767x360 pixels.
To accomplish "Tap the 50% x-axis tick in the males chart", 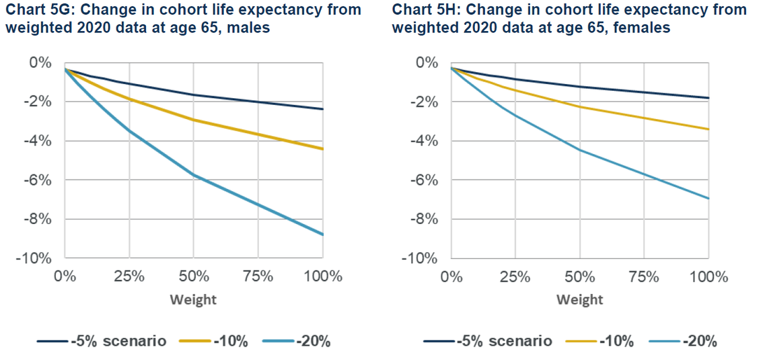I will pyautogui.click(x=194, y=277).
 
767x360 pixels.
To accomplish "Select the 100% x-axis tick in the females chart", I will pyautogui.click(x=708, y=277).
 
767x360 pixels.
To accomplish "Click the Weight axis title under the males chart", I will pyautogui.click(x=193, y=299).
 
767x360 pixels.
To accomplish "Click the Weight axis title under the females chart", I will pyautogui.click(x=579, y=299).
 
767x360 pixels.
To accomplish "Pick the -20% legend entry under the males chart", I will pyautogui.click(x=312, y=341).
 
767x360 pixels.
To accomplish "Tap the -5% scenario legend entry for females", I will pyautogui.click(x=504, y=341).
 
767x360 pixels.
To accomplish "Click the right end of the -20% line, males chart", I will pyautogui.click(x=322, y=234).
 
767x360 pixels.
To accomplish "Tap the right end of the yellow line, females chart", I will pyautogui.click(x=708, y=129).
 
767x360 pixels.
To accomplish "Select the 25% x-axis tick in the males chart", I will pyautogui.click(x=129, y=277).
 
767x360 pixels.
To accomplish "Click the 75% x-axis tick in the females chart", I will pyautogui.click(x=644, y=277).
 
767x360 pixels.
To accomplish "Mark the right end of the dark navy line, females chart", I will pyautogui.click(x=708, y=98).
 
